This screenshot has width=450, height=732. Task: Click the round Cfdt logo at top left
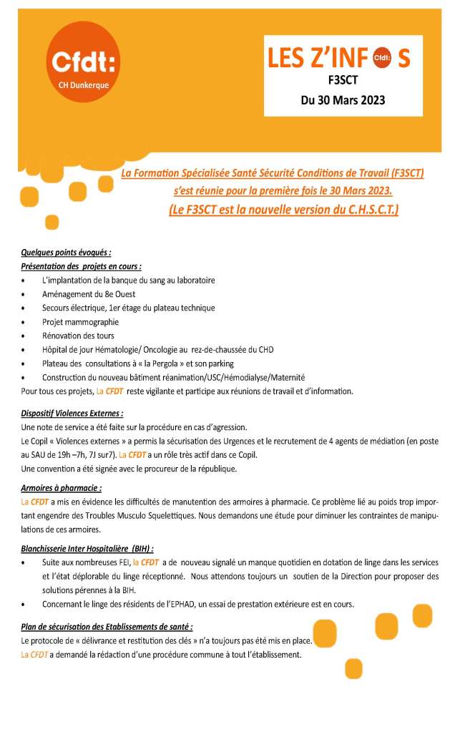tap(82, 62)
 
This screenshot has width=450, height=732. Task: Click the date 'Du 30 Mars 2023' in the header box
tap(343, 100)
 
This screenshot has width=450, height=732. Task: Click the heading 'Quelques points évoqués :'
tap(67, 252)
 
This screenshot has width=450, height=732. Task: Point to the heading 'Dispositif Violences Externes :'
tap(72, 413)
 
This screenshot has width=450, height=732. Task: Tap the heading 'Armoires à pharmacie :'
tap(61, 488)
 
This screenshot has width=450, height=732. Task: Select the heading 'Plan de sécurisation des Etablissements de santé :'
tap(107, 627)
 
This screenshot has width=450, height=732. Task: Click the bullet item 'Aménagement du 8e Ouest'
tap(89, 294)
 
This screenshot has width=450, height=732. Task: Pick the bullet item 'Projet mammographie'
tap(80, 322)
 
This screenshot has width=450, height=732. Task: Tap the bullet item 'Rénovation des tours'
tap(78, 336)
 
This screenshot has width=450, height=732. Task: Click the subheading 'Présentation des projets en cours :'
tap(81, 265)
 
